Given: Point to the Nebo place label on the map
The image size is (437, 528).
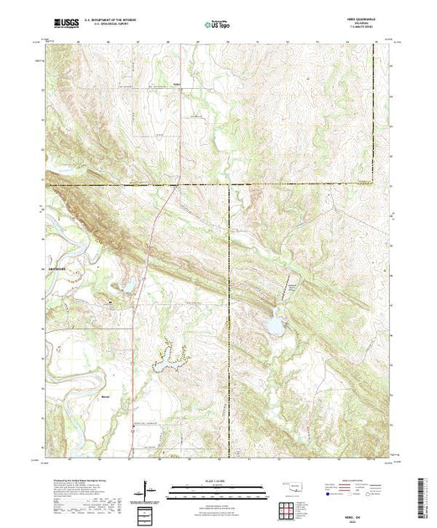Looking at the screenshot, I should tap(177, 84).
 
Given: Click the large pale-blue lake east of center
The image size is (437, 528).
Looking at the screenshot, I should tap(273, 324).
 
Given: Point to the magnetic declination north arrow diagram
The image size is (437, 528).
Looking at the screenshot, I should tap(149, 489).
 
